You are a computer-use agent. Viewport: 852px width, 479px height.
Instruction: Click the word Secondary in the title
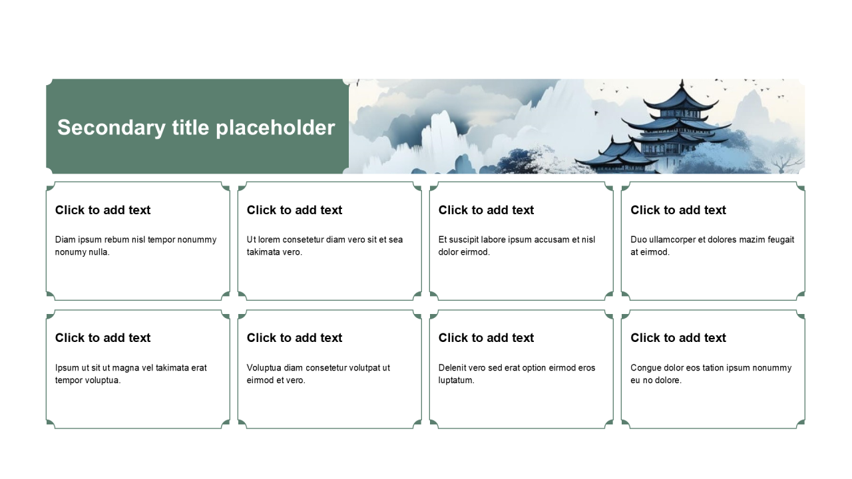pos(111,128)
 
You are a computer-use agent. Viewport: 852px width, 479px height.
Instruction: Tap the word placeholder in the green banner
pos(276,128)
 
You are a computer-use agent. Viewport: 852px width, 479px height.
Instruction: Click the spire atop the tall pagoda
pos(682,85)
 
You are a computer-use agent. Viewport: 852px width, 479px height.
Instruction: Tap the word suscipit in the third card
pos(464,240)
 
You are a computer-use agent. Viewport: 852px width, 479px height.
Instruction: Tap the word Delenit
pos(452,368)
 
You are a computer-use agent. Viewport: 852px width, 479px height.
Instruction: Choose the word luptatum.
pos(456,381)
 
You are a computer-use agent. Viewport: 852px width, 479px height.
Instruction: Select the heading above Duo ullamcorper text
pos(678,210)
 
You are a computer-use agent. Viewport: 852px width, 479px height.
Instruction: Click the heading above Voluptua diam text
pos(294,337)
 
